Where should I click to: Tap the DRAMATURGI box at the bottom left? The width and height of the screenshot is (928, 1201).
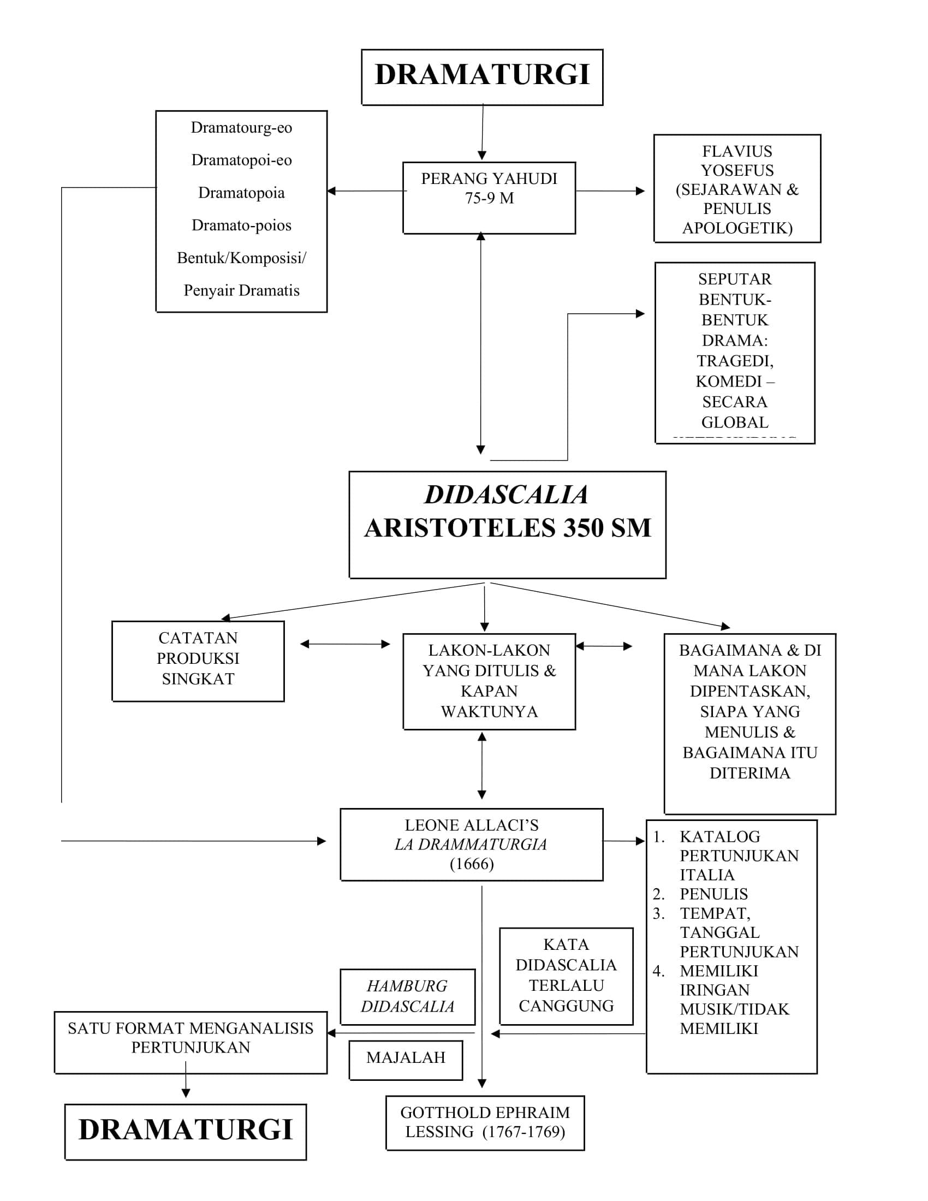[185, 1130]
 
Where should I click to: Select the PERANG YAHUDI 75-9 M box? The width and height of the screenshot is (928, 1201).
[489, 198]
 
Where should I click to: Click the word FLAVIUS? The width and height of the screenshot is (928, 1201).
[737, 151]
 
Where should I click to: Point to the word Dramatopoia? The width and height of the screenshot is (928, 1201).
[241, 193]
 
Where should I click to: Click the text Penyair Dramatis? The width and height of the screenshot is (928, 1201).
[241, 290]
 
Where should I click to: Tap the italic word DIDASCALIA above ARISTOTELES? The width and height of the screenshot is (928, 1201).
[507, 495]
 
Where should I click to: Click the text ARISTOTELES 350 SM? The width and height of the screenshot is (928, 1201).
[507, 528]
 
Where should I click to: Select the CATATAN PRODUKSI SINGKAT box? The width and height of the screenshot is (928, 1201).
[198, 659]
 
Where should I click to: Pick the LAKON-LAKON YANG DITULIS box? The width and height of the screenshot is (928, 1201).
[489, 681]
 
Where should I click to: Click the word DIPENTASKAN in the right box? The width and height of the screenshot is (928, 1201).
[749, 691]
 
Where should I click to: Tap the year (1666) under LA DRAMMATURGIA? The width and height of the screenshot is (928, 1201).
[471, 864]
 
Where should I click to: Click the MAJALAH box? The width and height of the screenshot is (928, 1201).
[406, 1057]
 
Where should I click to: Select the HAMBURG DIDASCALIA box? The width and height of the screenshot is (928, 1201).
[407, 996]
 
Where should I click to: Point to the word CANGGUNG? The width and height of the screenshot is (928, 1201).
[566, 1006]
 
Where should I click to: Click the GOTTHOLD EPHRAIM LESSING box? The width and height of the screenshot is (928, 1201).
[484, 1122]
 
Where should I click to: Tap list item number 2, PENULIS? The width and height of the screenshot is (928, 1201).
[713, 894]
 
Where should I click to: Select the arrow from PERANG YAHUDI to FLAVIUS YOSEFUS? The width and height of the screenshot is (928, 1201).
[610, 192]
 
